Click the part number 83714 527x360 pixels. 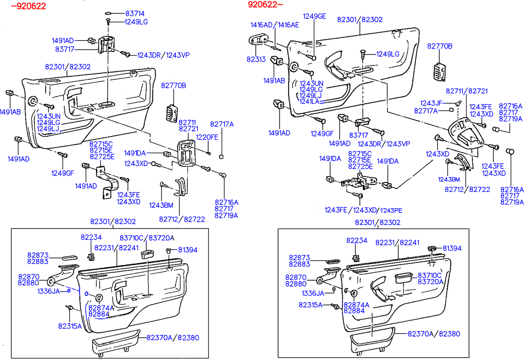pos(135,14)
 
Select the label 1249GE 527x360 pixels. pos(314,16)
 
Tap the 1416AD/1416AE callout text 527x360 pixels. pos(275,25)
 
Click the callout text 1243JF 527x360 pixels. pos(431,103)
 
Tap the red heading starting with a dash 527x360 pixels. pos(28,6)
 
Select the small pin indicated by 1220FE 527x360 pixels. pos(211,153)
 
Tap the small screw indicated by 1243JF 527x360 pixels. pos(459,103)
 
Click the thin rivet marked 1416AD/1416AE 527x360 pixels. pos(276,48)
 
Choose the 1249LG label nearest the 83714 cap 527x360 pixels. pos(136,22)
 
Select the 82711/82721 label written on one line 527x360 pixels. pos(460,91)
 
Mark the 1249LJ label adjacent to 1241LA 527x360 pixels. pos(310,95)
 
